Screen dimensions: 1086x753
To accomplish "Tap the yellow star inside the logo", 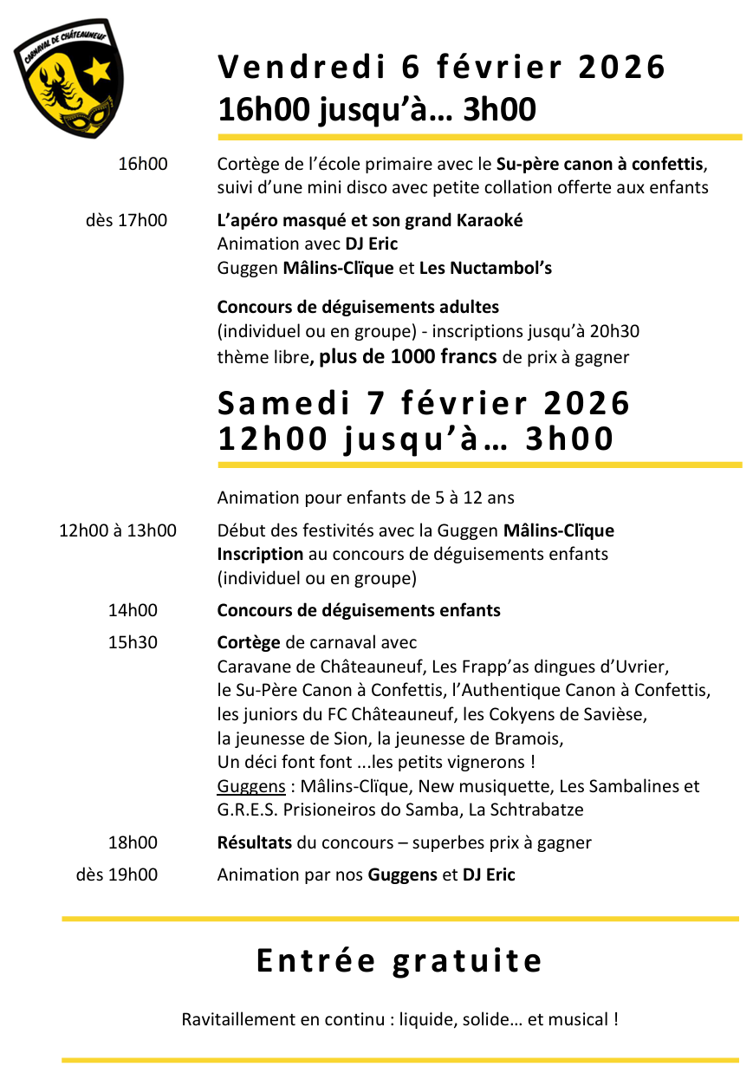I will click(x=98, y=69).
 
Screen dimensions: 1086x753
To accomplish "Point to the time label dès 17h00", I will click(x=127, y=220).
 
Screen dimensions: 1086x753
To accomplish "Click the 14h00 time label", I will click(x=133, y=610).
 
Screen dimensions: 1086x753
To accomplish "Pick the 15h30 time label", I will click(x=133, y=642).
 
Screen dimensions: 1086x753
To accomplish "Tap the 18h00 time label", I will click(x=133, y=842).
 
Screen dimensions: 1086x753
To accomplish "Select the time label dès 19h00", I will click(x=117, y=875).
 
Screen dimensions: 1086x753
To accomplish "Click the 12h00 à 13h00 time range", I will click(x=117, y=530).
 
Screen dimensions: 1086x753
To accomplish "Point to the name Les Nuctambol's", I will click(x=485, y=268).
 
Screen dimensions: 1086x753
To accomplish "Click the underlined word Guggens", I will click(x=251, y=787).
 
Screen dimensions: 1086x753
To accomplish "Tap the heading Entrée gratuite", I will click(x=399, y=960).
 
